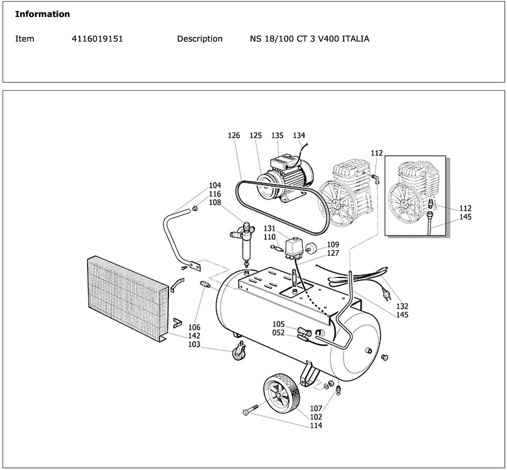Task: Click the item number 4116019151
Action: click(97, 39)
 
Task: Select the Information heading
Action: click(42, 14)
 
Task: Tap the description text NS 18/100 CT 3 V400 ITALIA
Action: click(309, 39)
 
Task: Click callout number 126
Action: click(234, 135)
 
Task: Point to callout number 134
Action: click(299, 135)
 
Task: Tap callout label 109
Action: click(333, 244)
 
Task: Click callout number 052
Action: click(278, 333)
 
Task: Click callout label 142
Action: click(194, 336)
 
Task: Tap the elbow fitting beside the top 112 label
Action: click(376, 179)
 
